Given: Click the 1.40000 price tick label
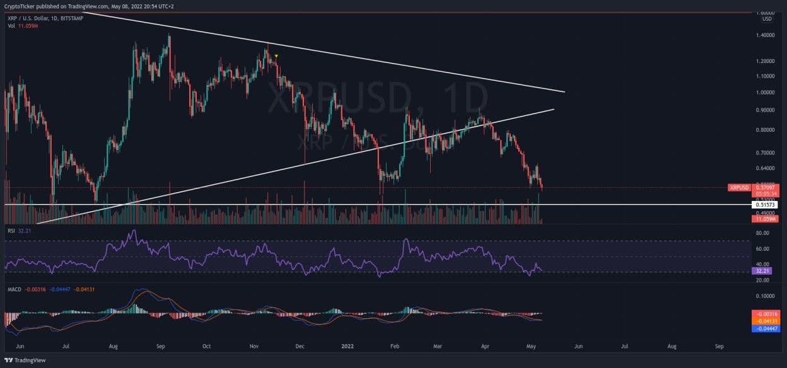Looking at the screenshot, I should [x=766, y=35].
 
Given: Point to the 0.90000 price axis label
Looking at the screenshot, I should [x=766, y=110].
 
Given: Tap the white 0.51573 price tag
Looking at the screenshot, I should [x=766, y=205].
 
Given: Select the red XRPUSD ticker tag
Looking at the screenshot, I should [x=739, y=187].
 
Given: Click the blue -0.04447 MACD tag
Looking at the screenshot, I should [x=766, y=328].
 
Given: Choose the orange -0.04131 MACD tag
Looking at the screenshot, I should [x=766, y=321].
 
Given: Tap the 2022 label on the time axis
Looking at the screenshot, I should [x=347, y=346].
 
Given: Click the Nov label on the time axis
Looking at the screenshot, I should [x=255, y=346].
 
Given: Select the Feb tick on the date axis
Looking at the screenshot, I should [x=395, y=346].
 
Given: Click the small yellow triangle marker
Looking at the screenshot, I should [x=276, y=56].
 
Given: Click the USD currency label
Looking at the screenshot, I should [x=767, y=19].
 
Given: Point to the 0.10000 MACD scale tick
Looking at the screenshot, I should [x=766, y=296].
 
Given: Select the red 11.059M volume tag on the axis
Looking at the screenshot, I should [x=766, y=219].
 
